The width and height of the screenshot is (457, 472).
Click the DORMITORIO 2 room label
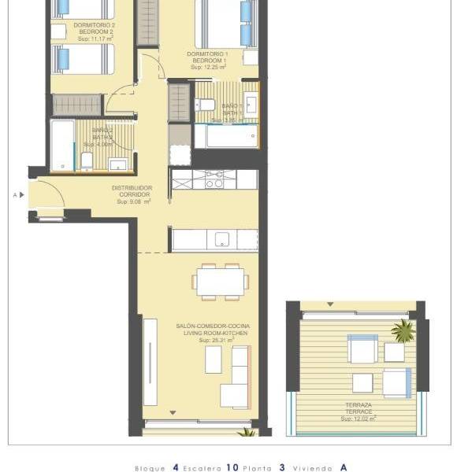point(94,25)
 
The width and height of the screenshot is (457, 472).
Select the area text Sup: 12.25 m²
point(207,68)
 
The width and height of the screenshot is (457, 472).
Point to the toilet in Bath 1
point(205,105)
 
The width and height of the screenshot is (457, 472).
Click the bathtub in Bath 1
point(225,136)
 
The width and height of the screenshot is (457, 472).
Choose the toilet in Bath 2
point(87,161)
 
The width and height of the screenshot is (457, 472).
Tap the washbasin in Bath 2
point(118,164)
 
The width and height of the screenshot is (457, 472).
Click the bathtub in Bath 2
point(62,146)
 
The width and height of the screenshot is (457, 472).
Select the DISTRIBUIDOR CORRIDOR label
point(132,190)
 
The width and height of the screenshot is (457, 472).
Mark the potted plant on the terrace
point(403,330)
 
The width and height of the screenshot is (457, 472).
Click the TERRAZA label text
point(359,405)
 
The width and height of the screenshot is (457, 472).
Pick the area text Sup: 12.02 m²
point(359,419)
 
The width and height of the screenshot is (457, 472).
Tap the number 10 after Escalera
point(232,467)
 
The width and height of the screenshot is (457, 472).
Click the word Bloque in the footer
point(150,468)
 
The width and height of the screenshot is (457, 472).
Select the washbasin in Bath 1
point(251,104)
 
